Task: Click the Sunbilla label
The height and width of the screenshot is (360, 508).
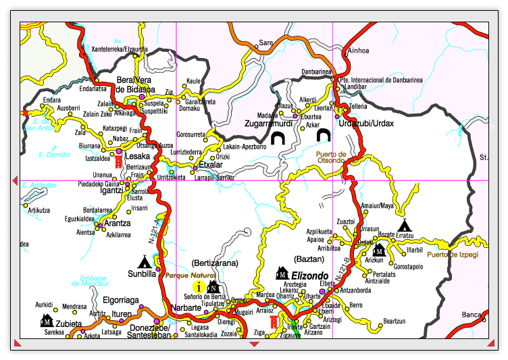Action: coord(142,274)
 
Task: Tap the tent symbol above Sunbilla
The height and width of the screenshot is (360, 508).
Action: coord(144,261)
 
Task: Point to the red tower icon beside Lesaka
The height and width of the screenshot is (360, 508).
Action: coord(118,163)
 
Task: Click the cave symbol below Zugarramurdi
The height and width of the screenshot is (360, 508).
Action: coord(278,138)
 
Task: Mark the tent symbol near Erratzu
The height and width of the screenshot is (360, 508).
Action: coord(404,225)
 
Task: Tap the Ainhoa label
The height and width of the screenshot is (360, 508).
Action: coord(357,51)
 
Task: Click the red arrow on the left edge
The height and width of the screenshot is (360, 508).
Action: coord(15,180)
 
